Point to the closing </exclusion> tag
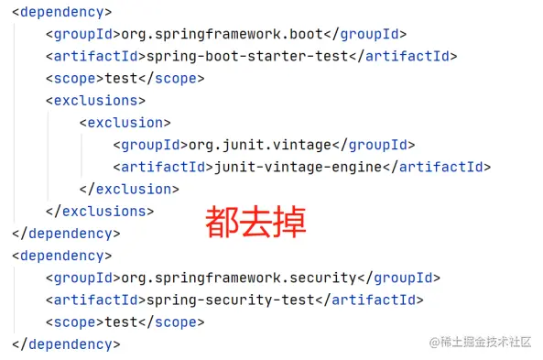coord(129,189)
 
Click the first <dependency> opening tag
coord(61,12)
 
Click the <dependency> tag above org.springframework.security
coord(61,256)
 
